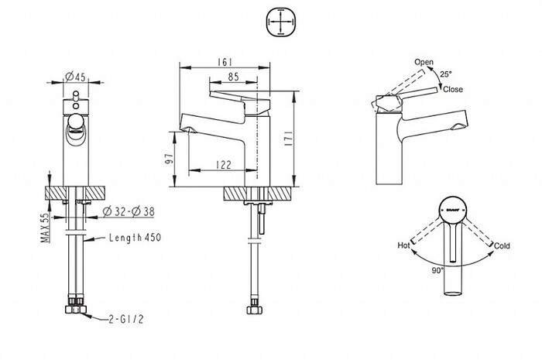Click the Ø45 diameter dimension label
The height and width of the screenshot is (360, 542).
coord(75,76)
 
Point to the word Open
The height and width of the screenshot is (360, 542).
coord(424,61)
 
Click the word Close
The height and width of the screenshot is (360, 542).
coord(454,90)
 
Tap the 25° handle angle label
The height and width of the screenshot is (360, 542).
coord(446,74)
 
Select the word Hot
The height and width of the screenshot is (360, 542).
coord(403,245)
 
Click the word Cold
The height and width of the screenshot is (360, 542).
coord(502,245)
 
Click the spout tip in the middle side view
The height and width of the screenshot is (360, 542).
coord(185,122)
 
